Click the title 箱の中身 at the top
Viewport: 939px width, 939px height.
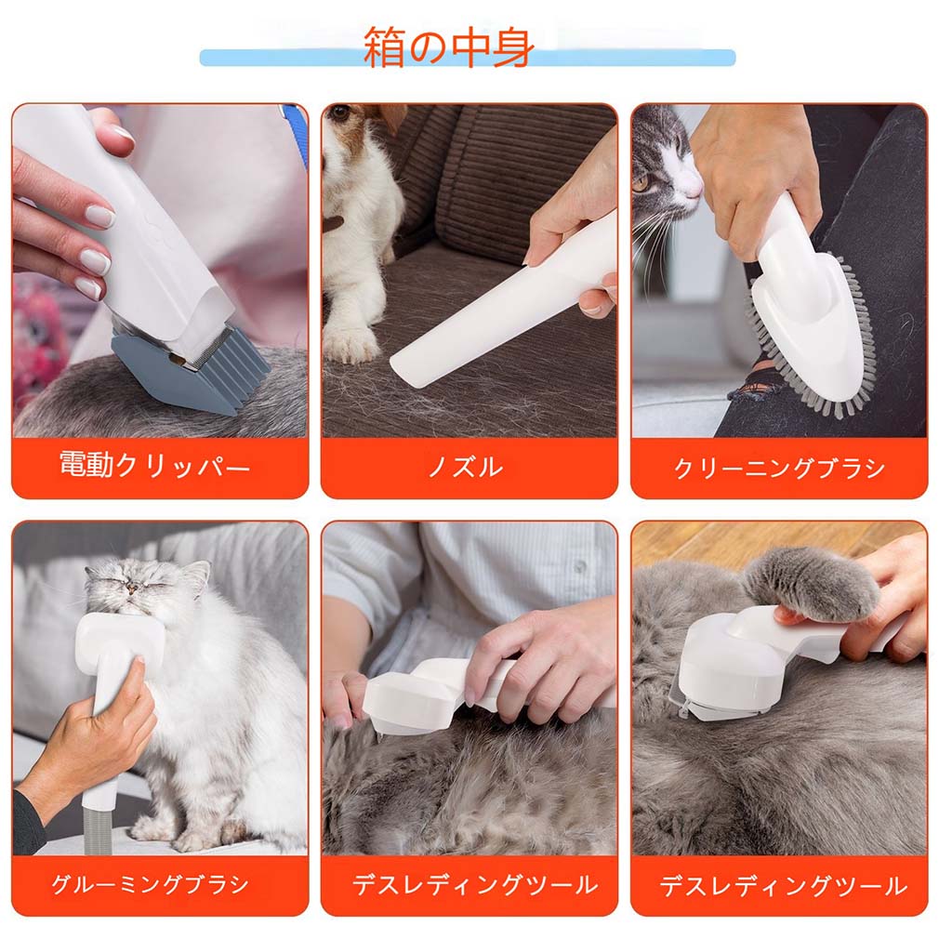[448, 46]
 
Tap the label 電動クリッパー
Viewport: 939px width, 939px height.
[154, 465]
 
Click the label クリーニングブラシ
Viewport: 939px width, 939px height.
[779, 468]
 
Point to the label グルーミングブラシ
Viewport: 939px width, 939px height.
[150, 884]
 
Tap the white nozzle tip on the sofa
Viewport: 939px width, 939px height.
[413, 364]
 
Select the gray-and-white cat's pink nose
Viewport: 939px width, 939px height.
[693, 190]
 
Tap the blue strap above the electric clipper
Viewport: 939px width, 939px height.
[295, 121]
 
